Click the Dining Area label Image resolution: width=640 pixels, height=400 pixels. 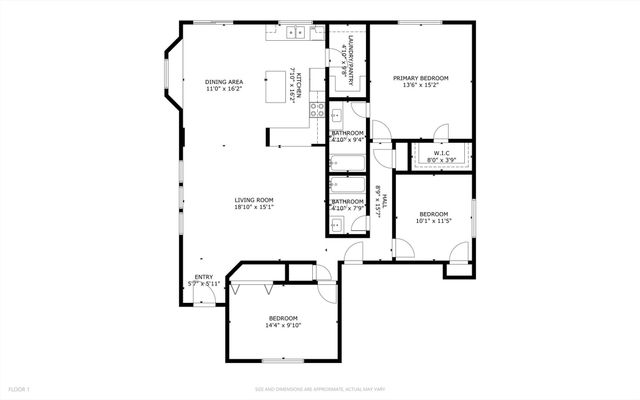tap(223, 82)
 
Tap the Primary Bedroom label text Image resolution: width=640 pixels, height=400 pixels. tap(420, 77)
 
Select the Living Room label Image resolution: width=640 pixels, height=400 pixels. tap(254, 200)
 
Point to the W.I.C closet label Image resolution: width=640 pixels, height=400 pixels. tap(441, 153)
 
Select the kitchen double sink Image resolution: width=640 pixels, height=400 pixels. tap(296, 33)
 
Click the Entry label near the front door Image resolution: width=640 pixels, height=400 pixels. tap(203, 277)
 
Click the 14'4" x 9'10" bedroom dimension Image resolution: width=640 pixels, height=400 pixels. tap(283, 325)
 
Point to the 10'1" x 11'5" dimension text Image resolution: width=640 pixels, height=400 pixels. tap(434, 220)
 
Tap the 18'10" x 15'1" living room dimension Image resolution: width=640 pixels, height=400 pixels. tap(254, 208)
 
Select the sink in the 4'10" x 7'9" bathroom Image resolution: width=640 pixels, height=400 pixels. tap(338, 224)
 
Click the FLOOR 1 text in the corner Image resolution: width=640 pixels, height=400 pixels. tap(20, 388)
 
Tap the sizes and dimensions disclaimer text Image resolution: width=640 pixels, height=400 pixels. tap(319, 388)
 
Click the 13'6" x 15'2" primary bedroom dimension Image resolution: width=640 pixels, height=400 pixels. tap(420, 85)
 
